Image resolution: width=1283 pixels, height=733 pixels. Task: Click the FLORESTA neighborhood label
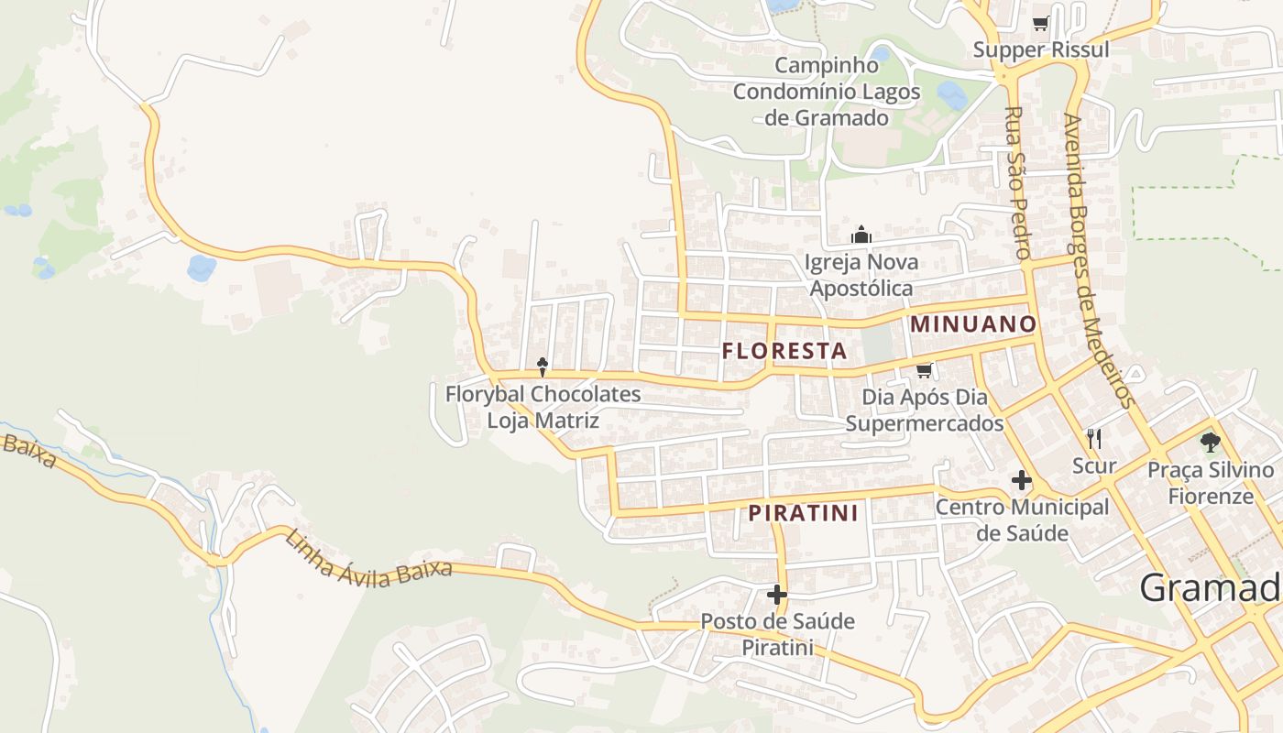pos(784,350)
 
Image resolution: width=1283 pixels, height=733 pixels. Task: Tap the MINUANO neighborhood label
pos(973,323)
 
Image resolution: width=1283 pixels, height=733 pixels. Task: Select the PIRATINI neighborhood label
pos(803,513)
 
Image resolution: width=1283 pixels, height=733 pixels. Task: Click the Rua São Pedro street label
pos(1018,182)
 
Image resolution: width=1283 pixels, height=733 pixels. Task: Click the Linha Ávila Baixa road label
pos(368,559)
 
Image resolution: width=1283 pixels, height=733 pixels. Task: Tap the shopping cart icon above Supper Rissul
pos(1040,24)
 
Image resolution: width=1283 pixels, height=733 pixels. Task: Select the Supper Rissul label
pos(1041,49)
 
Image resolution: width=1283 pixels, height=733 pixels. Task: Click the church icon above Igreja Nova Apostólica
pos(861,235)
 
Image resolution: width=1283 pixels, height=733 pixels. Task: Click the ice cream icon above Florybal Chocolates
pos(543,366)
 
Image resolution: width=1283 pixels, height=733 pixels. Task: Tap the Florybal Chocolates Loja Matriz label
pos(543,408)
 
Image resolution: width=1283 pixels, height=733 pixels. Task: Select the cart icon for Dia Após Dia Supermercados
pos(924,370)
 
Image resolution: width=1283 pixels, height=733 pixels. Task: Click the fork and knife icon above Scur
pos(1093,438)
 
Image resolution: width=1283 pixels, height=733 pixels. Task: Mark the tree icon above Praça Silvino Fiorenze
pos(1210,443)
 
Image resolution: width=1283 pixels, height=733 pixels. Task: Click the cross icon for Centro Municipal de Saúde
pos(1021,480)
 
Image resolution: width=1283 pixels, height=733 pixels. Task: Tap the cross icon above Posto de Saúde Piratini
pos(777,595)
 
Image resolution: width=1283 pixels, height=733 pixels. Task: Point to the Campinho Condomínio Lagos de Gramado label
pos(826,92)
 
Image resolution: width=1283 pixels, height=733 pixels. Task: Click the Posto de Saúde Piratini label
pos(777,634)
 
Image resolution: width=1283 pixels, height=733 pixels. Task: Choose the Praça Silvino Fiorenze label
pos(1211,483)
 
